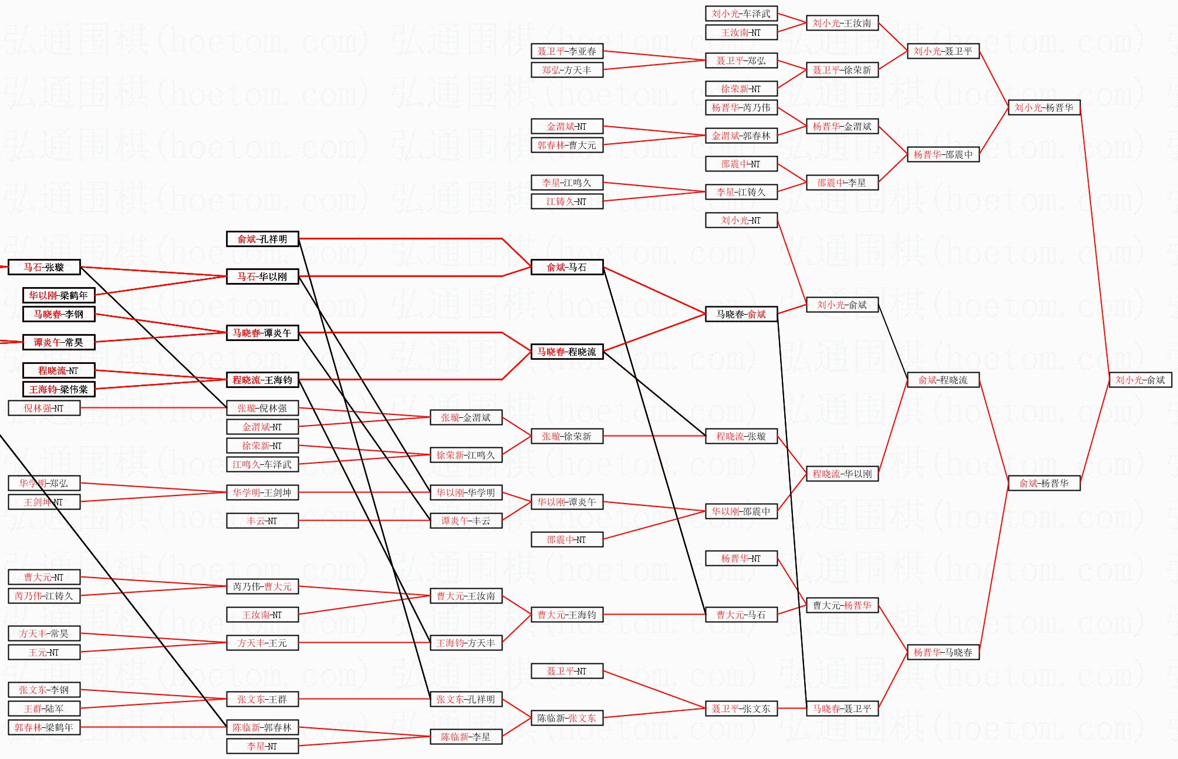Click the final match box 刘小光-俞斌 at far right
(1140, 380)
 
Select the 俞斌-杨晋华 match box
(1044, 483)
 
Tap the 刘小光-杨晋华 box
(1044, 107)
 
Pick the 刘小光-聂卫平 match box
(943, 51)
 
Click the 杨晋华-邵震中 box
(943, 154)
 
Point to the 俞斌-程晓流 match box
(943, 380)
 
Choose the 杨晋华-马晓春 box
(943, 652)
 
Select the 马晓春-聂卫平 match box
(842, 709)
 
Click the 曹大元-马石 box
(741, 615)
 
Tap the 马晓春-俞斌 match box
(741, 314)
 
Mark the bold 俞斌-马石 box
(566, 267)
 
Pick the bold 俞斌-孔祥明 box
(262, 239)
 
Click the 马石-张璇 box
(44, 267)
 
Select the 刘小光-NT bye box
(741, 220)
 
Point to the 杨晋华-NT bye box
(741, 558)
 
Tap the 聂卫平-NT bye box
(566, 671)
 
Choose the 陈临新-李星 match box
(465, 737)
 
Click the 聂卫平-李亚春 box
(566, 51)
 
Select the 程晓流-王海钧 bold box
(262, 380)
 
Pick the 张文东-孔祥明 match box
(465, 699)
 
